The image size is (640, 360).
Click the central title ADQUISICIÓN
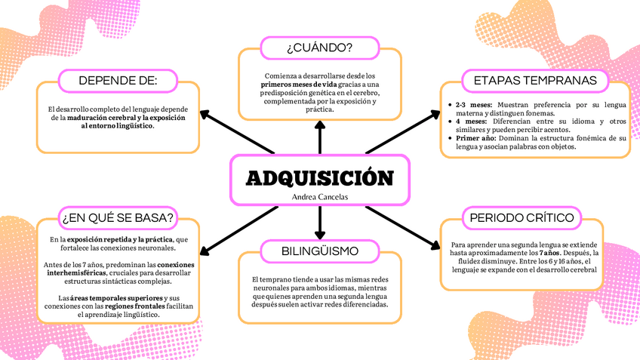coord(320,177)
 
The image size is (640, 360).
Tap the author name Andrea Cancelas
coord(320,196)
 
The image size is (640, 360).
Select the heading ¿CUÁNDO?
coord(320,48)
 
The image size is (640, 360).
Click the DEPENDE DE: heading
coord(118,80)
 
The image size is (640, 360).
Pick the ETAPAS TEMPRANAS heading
coord(534,80)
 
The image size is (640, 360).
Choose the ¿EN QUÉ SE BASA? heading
coord(118,217)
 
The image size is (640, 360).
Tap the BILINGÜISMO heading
coord(320,251)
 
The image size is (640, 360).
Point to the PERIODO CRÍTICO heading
coord(522,217)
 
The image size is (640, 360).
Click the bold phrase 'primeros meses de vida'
coord(283,85)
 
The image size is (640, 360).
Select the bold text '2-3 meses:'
coord(473,105)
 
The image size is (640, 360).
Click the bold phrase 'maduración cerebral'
coord(102,118)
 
